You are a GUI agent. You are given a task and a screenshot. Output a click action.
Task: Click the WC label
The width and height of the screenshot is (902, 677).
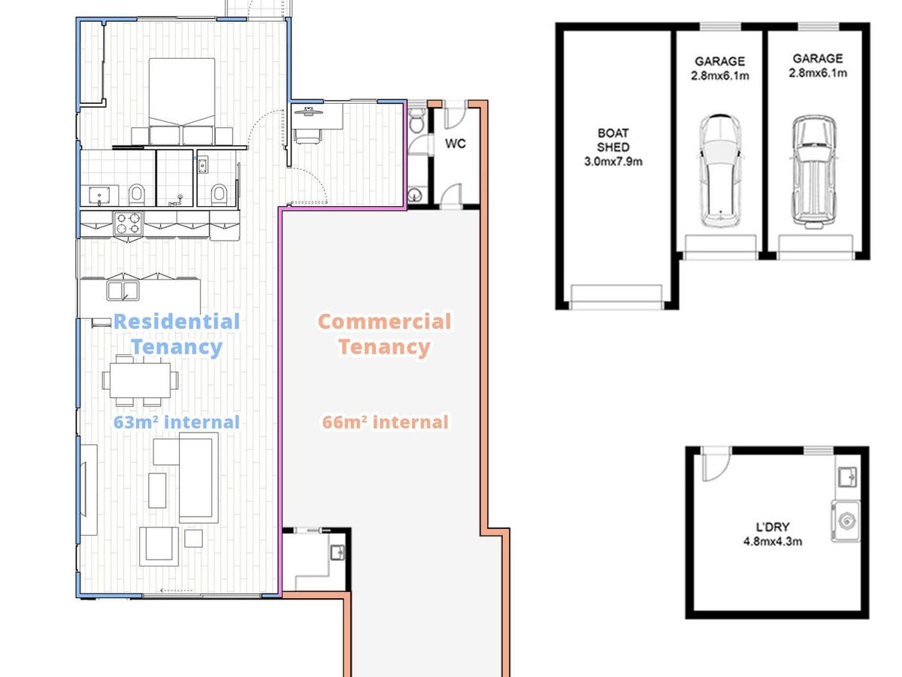coord(456,144)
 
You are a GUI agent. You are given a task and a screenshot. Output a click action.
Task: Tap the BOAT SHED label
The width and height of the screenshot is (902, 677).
coord(613,140)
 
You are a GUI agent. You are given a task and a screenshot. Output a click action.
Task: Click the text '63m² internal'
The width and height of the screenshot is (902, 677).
coord(177,422)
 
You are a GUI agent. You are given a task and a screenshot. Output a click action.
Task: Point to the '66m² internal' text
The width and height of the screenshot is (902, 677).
coord(385,422)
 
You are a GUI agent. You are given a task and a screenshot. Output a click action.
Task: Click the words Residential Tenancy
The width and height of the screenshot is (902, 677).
coord(177,334)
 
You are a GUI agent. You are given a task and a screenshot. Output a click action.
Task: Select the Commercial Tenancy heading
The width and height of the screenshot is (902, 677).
coord(385,334)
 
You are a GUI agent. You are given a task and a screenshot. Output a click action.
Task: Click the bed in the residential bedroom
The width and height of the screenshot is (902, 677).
coord(182,101)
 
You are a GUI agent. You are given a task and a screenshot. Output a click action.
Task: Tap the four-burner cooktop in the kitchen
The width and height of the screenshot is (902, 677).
coord(128,223)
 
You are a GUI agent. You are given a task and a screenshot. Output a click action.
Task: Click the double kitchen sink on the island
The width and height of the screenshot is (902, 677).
coord(123,290)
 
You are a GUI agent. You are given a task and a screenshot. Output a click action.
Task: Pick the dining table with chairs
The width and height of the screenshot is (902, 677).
coord(140,380)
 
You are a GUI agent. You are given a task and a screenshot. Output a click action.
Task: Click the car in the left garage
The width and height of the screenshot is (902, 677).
coord(719,171)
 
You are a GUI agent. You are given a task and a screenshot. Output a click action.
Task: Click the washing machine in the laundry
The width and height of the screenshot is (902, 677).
coord(846,521)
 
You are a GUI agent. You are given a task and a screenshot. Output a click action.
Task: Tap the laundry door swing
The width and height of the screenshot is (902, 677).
coord(716,464)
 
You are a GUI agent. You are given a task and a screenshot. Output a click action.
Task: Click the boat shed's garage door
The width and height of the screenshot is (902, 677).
coord(616,297)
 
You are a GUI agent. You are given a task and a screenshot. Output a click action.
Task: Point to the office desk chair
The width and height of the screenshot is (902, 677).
coord(308,135)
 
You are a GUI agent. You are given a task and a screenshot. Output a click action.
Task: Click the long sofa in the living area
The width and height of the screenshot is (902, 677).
coord(198,478)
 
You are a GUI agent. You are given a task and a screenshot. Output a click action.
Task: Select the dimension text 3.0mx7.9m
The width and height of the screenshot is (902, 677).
coord(613,162)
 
